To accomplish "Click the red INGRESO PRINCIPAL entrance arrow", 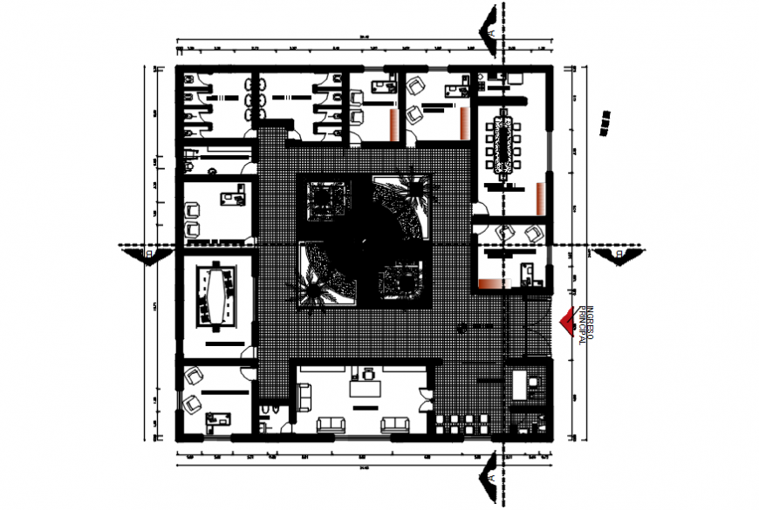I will [570, 323].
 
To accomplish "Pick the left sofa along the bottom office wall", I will [332, 424].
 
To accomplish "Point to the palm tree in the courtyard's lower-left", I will [311, 292].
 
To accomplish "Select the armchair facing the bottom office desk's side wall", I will [305, 392].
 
